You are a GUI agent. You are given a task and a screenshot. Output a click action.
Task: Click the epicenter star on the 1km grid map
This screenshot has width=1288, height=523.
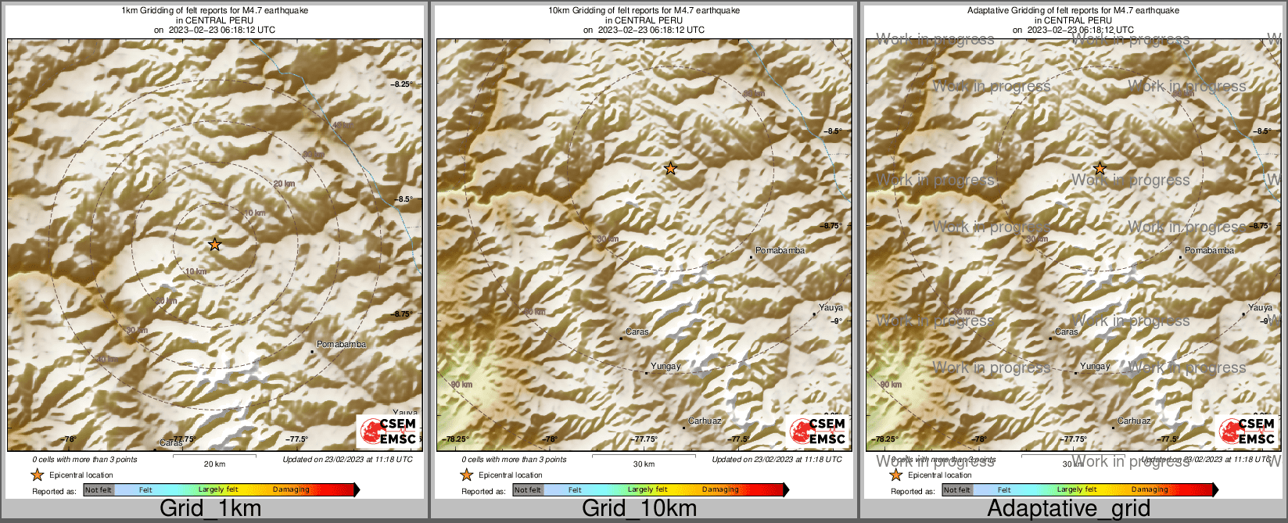[215, 245]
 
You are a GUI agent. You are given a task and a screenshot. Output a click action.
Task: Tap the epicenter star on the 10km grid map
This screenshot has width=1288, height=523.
[670, 168]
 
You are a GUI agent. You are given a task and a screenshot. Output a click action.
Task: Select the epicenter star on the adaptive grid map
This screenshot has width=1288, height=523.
[1100, 168]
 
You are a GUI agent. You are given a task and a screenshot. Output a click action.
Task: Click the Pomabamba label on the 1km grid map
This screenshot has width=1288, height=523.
[341, 344]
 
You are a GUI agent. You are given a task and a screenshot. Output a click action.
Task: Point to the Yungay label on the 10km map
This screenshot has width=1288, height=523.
[666, 366]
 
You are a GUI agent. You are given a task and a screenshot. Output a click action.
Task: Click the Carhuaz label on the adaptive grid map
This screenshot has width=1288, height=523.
[1134, 421]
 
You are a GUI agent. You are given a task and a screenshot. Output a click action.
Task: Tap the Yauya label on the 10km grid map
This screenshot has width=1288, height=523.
[831, 308]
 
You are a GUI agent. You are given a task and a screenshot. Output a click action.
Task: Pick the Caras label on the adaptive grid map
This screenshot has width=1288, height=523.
[1067, 331]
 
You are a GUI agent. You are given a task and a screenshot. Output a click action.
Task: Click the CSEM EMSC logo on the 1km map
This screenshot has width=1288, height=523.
[388, 432]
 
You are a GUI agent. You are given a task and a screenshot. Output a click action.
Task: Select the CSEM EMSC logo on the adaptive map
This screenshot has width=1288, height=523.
[1247, 432]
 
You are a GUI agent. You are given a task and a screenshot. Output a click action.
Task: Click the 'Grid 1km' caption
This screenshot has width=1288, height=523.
[210, 509]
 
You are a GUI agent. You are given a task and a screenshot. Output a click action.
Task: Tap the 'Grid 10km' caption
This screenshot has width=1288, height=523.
[639, 509]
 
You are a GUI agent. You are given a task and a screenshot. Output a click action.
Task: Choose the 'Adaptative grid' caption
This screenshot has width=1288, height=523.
[1068, 509]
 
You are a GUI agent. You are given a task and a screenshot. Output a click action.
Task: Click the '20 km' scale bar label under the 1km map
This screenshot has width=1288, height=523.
[214, 464]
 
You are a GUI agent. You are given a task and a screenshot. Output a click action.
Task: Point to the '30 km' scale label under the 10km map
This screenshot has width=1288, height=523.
[644, 464]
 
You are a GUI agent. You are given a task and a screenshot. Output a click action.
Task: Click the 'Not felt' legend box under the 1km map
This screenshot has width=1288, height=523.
[99, 490]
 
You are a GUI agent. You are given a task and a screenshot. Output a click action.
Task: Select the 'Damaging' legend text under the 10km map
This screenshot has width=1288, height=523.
[720, 490]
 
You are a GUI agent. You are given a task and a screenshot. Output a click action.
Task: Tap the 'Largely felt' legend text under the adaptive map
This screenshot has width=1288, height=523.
[1077, 490]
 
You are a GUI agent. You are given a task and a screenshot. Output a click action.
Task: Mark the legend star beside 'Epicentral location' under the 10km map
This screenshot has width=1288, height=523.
[467, 475]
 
